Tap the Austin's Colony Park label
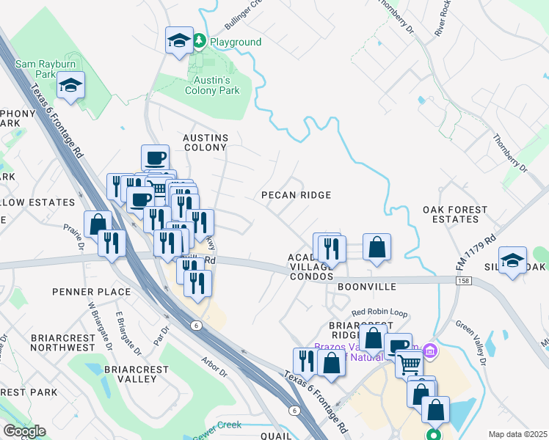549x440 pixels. tap(212, 85)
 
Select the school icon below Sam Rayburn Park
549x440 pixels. tap(70, 87)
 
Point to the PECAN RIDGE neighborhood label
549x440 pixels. tap(297, 195)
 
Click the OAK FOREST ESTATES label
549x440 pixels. tap(455, 214)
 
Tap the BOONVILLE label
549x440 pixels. tap(367, 287)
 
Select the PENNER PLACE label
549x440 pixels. tap(91, 292)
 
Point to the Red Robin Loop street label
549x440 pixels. tap(379, 312)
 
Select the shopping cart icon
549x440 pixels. tap(410, 362)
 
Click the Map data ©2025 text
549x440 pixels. tap(517, 434)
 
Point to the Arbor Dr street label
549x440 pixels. tap(214, 366)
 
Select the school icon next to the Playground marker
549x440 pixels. tap(179, 41)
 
